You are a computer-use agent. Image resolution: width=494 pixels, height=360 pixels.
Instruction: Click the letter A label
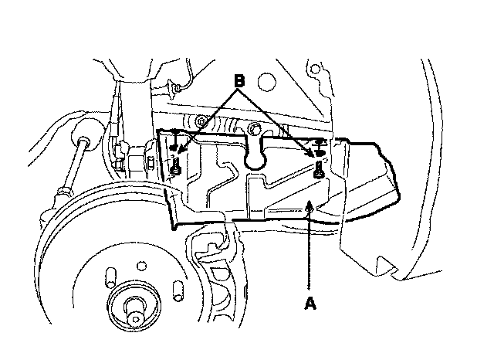tap(310, 304)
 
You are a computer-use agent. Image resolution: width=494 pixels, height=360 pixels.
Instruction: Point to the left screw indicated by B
tap(177, 165)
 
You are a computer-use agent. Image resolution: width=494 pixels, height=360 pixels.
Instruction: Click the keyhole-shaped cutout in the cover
tap(254, 155)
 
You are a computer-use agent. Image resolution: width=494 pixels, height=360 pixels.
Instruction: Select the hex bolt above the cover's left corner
tap(201, 121)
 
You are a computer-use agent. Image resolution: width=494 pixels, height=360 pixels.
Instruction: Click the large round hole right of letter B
tap(268, 80)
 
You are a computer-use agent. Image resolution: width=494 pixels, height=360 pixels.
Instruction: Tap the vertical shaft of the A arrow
tap(310, 247)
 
